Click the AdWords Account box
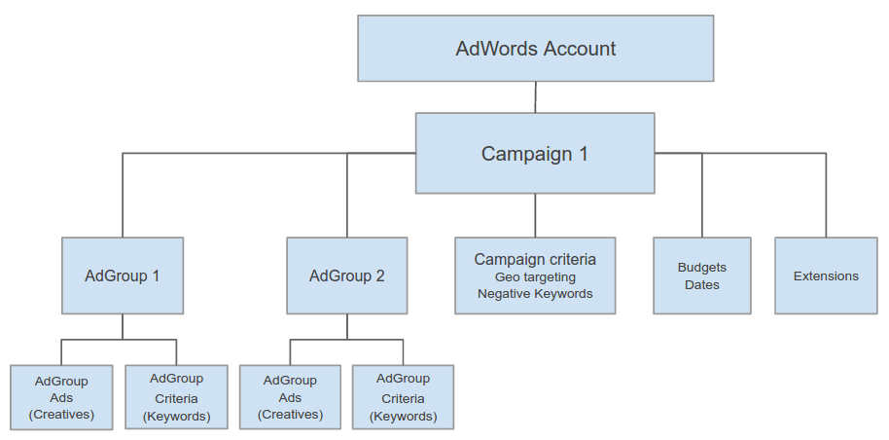(x=535, y=48)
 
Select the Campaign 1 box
(x=535, y=153)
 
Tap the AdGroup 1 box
(x=122, y=275)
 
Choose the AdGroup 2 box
(x=346, y=275)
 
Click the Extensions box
(x=826, y=275)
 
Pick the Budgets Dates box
(x=701, y=275)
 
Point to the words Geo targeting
(x=535, y=277)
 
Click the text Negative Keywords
(x=535, y=294)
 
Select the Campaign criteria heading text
(x=535, y=260)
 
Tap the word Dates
(x=701, y=285)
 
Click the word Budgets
(x=701, y=268)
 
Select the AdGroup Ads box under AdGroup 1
(x=61, y=397)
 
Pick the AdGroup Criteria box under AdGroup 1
(x=176, y=397)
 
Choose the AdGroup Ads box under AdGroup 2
(x=290, y=397)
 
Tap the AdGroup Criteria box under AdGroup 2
(x=403, y=397)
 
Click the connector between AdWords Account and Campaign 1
(x=535, y=97)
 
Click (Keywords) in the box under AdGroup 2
(x=403, y=417)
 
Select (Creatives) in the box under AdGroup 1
(x=61, y=415)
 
